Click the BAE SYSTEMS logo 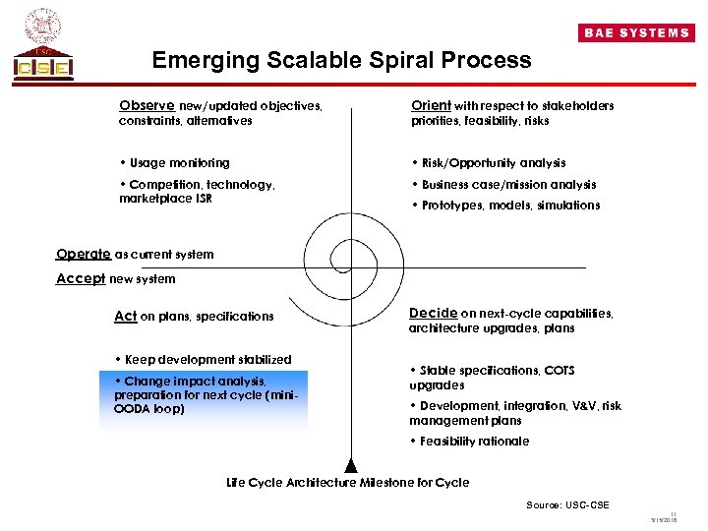point(636,32)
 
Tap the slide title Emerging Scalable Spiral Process point(341,60)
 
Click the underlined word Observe point(147,105)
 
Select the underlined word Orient point(431,105)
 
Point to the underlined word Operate point(84,254)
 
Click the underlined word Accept point(81,278)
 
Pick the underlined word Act point(125,316)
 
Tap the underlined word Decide point(433,314)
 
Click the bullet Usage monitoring point(174,163)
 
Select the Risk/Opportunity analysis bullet point(489,163)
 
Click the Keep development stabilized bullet point(204,359)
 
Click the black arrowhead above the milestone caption point(348,466)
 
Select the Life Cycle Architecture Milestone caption point(348,483)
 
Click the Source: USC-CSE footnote point(567,505)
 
